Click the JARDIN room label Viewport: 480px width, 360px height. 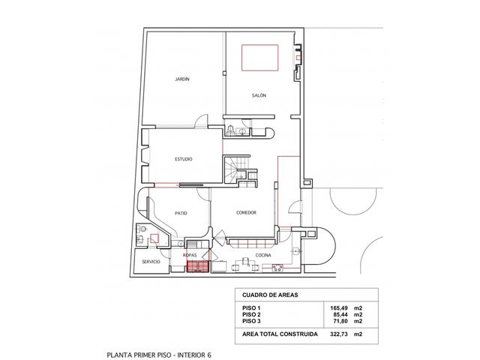[182, 79]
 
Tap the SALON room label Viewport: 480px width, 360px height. [259, 95]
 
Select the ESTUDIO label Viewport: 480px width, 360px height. [184, 159]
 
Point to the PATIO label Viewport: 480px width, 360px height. [181, 213]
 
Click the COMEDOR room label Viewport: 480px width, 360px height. [247, 213]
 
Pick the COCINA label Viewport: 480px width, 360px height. [263, 255]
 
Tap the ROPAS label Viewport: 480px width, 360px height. [190, 255]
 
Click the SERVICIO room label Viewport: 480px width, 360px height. [151, 262]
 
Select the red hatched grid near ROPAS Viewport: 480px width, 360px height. [198, 266]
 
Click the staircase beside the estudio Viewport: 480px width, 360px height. [231, 169]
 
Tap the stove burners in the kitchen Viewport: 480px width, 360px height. [277, 268]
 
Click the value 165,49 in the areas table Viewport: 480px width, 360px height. [339, 308]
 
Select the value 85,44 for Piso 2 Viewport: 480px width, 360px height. [340, 315]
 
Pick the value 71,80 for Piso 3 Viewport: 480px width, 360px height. [340, 321]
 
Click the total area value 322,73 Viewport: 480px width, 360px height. [339, 334]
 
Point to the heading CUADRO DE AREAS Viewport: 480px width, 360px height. [270, 295]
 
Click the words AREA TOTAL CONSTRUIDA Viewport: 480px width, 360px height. [280, 334]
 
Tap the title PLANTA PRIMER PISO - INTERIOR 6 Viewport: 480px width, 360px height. [159, 355]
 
